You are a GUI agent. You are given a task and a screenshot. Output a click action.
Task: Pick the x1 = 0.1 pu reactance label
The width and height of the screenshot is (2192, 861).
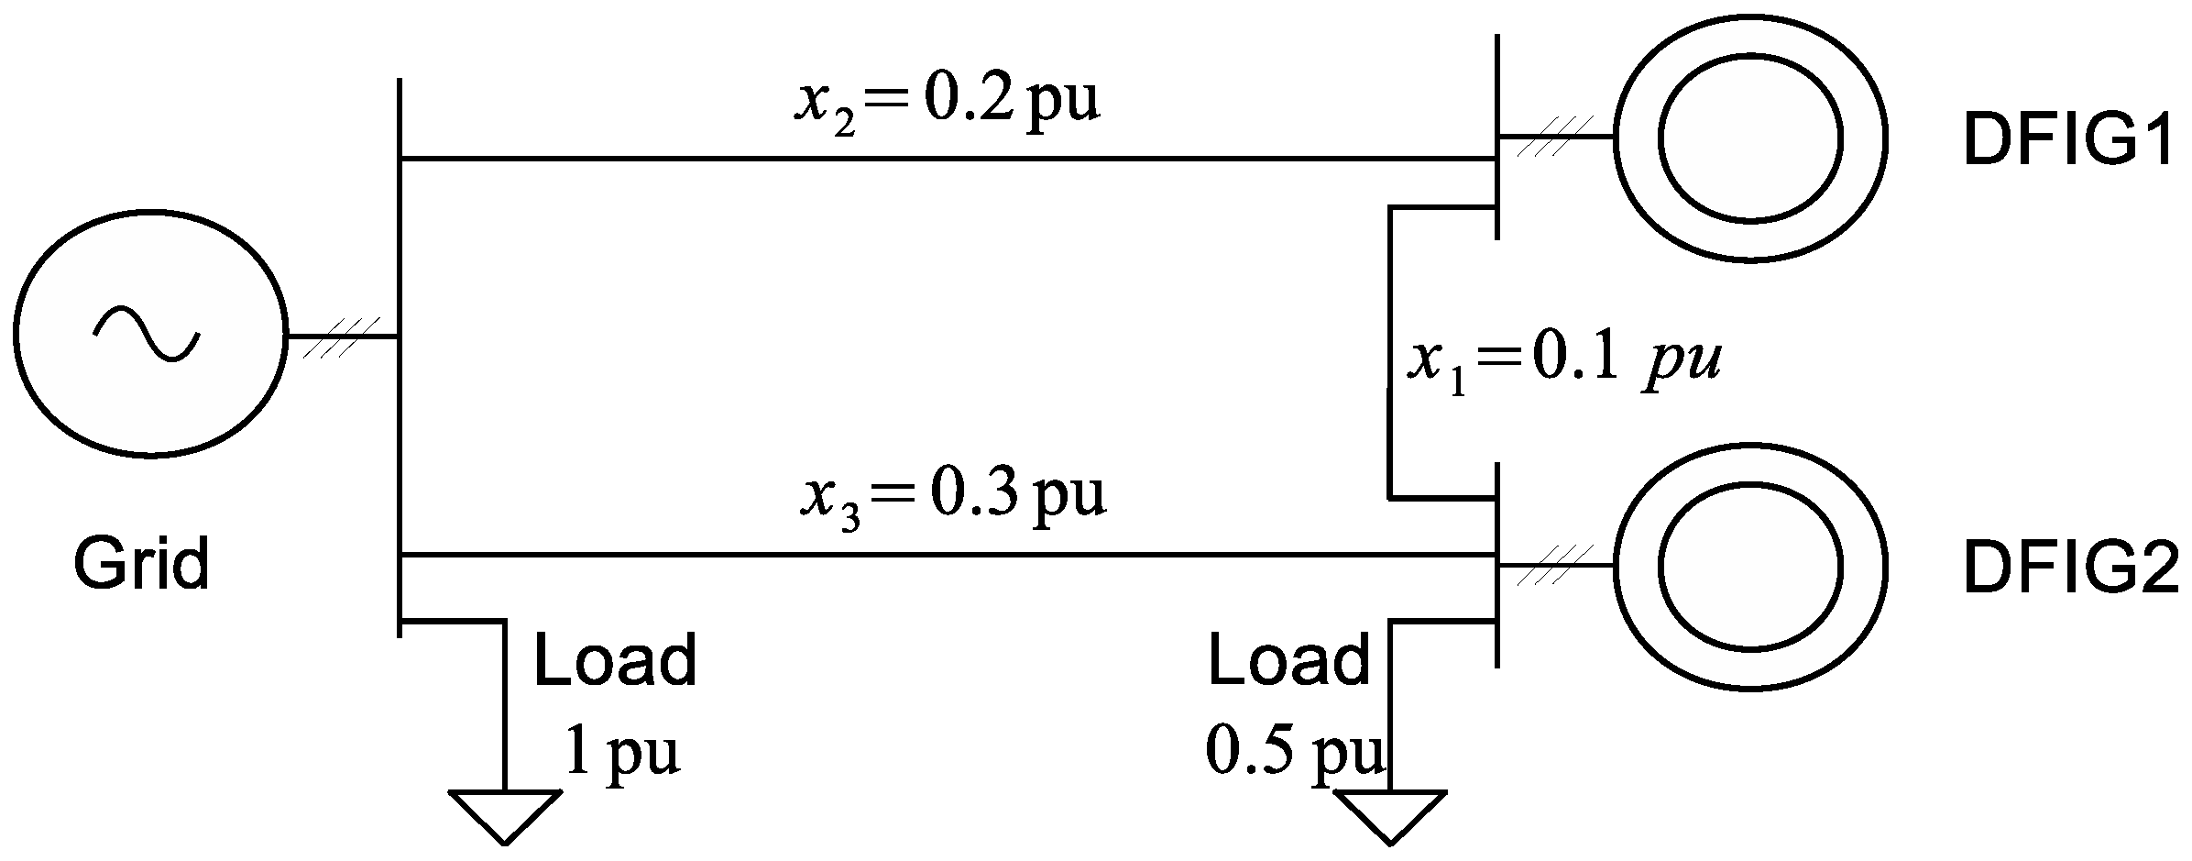[1562, 360]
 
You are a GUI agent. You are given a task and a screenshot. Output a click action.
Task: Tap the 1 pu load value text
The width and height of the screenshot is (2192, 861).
[622, 750]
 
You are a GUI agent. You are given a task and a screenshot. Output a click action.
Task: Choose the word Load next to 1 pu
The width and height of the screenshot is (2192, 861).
[615, 660]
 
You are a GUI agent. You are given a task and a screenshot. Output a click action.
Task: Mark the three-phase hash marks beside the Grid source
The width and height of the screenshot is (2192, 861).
[341, 337]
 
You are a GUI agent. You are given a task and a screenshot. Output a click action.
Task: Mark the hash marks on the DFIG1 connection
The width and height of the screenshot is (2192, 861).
[1554, 137]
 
